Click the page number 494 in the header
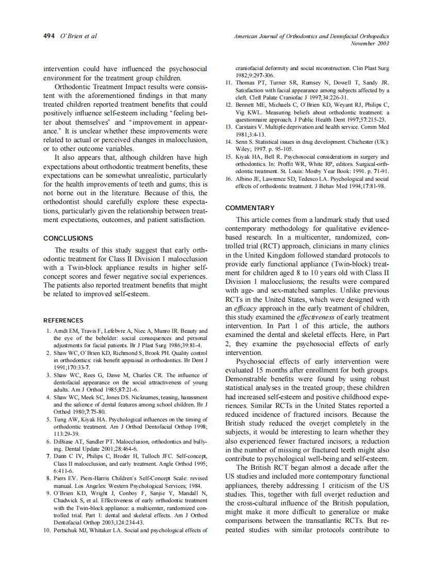tap(49, 36)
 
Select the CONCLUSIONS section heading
tap(68, 239)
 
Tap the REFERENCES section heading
tap(63, 320)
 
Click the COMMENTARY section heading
tap(250, 208)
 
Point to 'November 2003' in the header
tap(370, 44)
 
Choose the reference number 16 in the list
tap(230, 179)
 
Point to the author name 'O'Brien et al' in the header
tap(79, 36)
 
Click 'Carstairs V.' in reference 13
tap(252, 127)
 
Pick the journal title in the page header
tap(311, 37)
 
